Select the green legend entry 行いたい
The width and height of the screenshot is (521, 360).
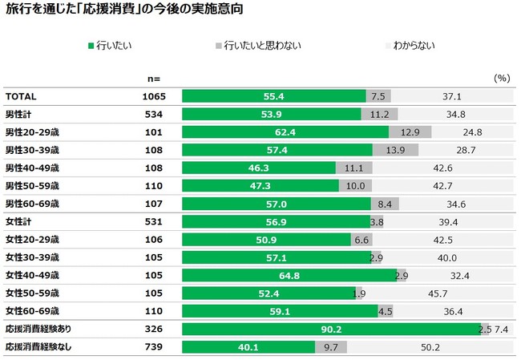point(109,46)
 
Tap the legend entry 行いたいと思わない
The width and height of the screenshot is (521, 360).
point(257,46)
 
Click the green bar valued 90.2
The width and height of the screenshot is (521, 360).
point(331,330)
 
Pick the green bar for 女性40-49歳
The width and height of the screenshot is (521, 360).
point(289,275)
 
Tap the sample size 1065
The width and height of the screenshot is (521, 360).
point(153,96)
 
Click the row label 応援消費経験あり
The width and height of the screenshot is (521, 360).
point(39,330)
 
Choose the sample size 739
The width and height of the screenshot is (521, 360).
point(153,347)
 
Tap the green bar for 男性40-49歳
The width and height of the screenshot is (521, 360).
point(259,168)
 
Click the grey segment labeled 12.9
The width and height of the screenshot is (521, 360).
point(410,131)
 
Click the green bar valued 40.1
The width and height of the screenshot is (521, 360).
point(248,347)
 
